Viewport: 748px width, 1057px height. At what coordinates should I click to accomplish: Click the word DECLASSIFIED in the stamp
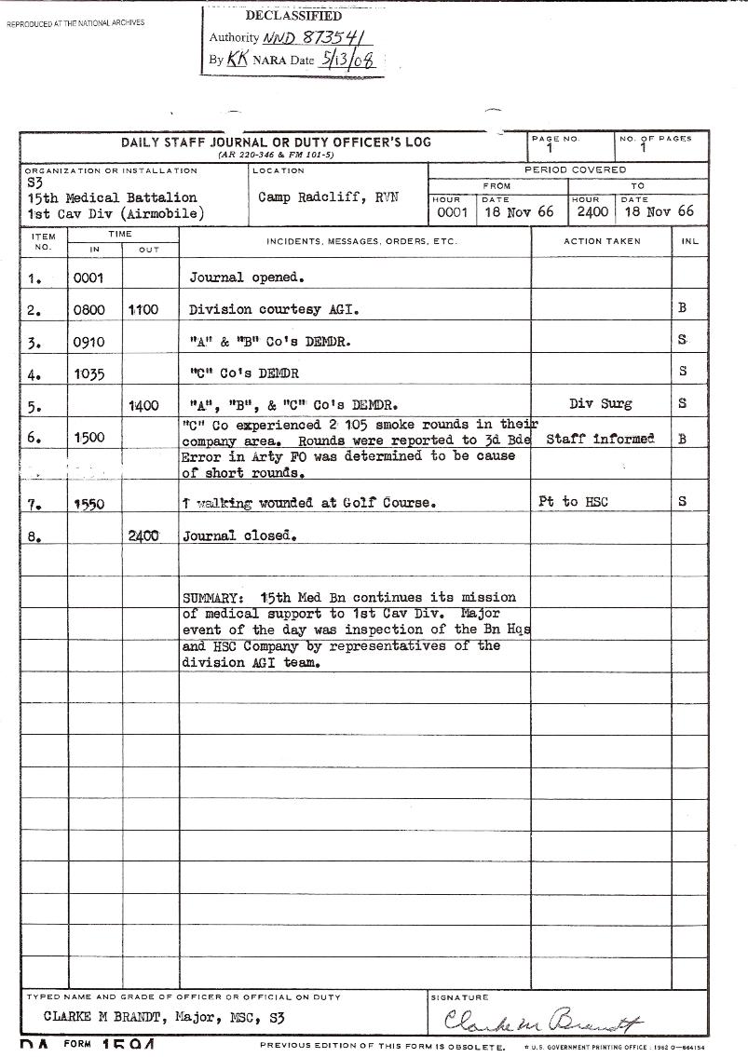click(x=293, y=16)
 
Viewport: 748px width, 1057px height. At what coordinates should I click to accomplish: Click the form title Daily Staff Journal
click(x=276, y=142)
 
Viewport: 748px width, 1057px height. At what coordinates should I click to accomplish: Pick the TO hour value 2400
click(x=592, y=212)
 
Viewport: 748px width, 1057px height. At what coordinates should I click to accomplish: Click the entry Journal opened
click(x=248, y=278)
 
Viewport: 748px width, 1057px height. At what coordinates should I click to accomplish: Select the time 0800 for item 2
click(x=89, y=310)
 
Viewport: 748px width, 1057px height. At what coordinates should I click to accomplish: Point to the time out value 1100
click(x=143, y=310)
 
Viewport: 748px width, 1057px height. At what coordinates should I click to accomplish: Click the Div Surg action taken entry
click(x=600, y=404)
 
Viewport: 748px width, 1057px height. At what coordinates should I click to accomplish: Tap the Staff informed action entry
click(x=600, y=439)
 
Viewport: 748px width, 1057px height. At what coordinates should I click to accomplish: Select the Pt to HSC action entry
click(x=573, y=502)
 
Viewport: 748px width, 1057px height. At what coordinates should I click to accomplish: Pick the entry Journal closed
click(x=239, y=536)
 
